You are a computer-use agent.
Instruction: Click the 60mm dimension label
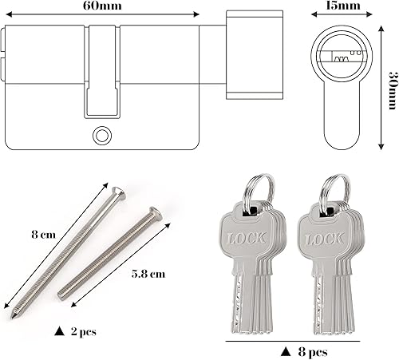[102, 6]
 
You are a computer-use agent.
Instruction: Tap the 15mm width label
[343, 6]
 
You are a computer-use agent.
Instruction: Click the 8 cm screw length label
[43, 235]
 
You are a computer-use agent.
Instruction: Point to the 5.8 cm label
[148, 274]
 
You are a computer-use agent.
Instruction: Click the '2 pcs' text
[84, 332]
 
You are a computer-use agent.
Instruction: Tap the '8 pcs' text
[313, 352]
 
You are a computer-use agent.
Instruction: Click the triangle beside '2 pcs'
[59, 331]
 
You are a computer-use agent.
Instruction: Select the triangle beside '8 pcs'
[286, 351]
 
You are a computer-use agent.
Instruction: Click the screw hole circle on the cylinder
[102, 136]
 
